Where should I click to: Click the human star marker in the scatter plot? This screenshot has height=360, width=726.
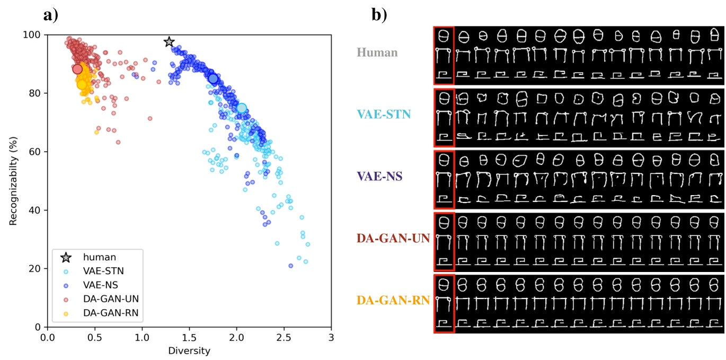(x=169, y=42)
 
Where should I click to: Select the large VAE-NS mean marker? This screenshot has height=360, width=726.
(x=213, y=79)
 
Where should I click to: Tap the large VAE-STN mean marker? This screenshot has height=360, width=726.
(x=242, y=108)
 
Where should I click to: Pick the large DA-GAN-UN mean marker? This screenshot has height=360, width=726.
(x=77, y=69)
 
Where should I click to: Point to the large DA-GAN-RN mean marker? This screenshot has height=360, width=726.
(x=82, y=84)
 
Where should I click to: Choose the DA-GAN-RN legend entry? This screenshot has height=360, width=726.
(x=110, y=313)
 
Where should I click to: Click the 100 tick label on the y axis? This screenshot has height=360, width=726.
(x=35, y=35)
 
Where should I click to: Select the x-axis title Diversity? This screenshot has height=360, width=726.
(x=189, y=351)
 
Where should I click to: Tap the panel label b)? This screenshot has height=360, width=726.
(x=380, y=14)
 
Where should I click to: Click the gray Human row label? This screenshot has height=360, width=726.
(x=377, y=52)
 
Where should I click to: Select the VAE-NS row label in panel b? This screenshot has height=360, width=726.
(x=379, y=177)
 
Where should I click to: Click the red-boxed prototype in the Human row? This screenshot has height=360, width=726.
(x=444, y=55)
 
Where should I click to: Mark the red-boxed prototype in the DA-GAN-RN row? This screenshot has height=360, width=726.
(x=444, y=303)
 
